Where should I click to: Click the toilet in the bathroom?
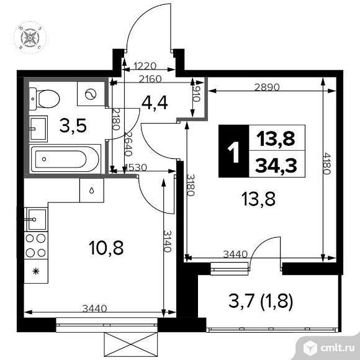click(44, 99)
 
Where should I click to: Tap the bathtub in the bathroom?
click(65, 159)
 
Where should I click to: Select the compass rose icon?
click(30, 38)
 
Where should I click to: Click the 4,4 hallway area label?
click(155, 102)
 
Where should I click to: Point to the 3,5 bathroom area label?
click(73, 125)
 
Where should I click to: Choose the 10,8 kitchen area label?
click(106, 248)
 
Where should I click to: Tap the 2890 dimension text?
click(267, 88)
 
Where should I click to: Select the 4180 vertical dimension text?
click(327, 163)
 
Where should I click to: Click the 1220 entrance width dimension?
click(145, 66)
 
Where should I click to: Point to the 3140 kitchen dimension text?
click(168, 241)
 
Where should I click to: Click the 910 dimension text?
click(197, 94)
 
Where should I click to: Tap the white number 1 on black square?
click(233, 151)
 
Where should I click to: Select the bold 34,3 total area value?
click(276, 166)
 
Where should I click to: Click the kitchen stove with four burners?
click(36, 245)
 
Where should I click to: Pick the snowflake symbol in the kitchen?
click(36, 271)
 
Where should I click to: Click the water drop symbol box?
click(92, 191)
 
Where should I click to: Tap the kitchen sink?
click(36, 219)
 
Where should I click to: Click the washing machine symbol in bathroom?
click(91, 94)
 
